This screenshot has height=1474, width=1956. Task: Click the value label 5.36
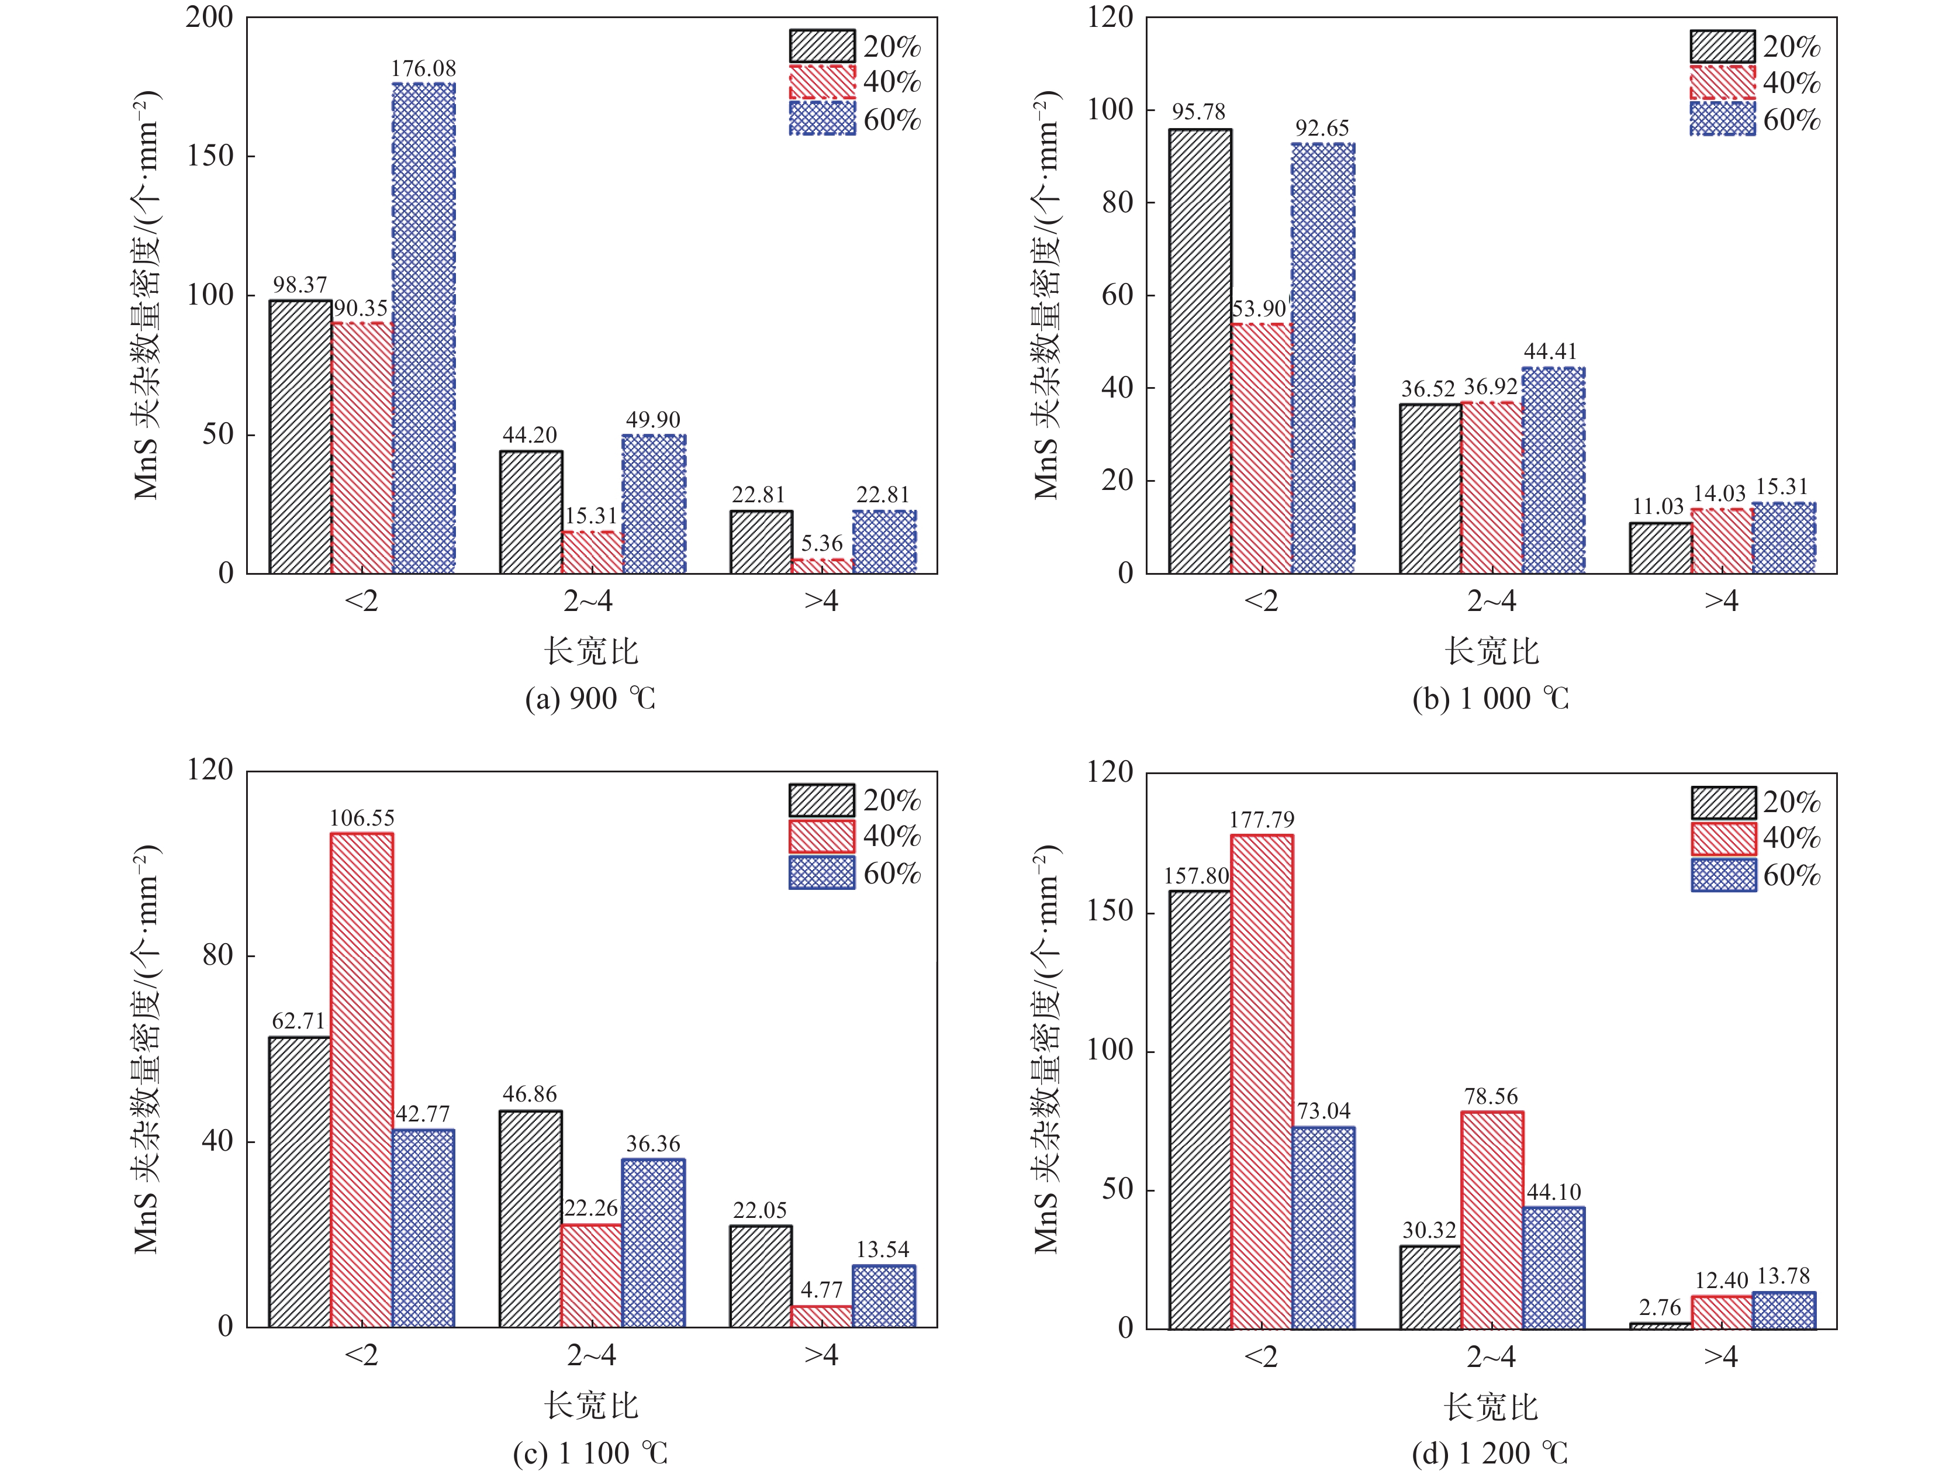click(x=821, y=544)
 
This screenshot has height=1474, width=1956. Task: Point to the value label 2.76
click(x=1660, y=1308)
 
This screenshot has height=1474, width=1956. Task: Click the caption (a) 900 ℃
click(x=590, y=699)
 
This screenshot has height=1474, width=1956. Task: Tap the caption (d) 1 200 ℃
click(x=1490, y=1453)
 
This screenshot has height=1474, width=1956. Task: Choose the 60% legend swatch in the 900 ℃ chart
click(x=823, y=119)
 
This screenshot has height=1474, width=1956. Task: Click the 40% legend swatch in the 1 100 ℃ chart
click(x=823, y=836)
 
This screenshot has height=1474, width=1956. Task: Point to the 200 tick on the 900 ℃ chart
click(x=209, y=17)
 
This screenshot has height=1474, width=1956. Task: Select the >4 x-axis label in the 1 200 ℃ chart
click(x=1721, y=1356)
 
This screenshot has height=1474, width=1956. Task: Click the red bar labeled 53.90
click(x=1261, y=448)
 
